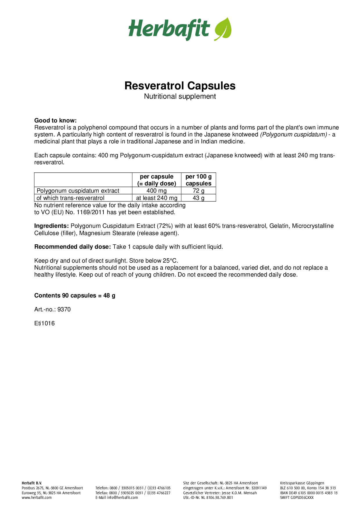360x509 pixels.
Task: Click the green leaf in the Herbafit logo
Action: click(x=223, y=29)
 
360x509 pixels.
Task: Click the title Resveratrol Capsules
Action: click(x=180, y=86)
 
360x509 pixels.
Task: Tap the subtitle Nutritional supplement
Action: click(x=180, y=96)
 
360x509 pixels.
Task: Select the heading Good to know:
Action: click(x=55, y=120)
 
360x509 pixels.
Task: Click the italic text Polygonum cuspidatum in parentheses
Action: click(x=294, y=135)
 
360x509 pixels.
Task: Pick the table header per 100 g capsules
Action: click(x=199, y=180)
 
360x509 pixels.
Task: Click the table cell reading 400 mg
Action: click(x=156, y=191)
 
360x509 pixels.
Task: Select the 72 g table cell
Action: click(x=199, y=191)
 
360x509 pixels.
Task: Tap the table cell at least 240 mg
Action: click(x=156, y=198)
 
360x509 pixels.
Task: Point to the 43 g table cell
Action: click(x=199, y=198)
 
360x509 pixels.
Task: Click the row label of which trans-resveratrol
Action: click(x=71, y=198)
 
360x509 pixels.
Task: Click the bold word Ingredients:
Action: click(x=51, y=226)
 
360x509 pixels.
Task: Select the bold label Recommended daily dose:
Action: click(x=73, y=247)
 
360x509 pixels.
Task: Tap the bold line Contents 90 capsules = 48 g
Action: click(x=75, y=295)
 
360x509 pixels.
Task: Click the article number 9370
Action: click(x=64, y=309)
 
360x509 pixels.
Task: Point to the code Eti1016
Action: click(x=44, y=323)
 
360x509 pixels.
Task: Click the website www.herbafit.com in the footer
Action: click(x=37, y=497)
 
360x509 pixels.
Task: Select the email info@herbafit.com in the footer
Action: click(x=122, y=497)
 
